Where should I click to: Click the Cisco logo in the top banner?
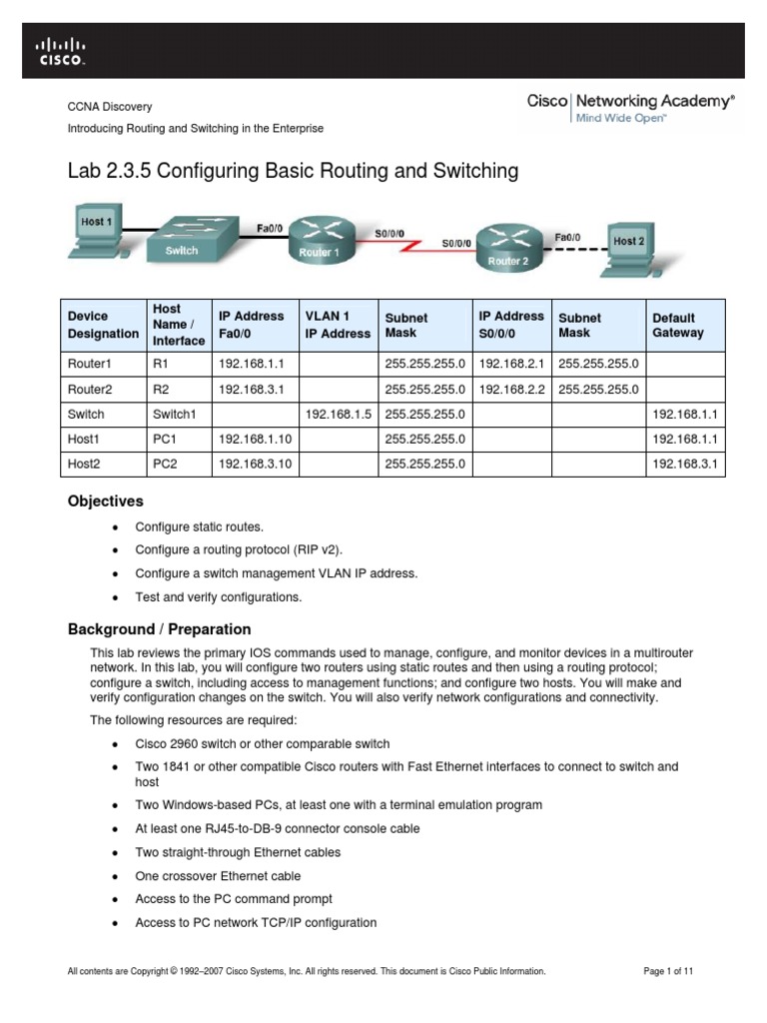(x=61, y=51)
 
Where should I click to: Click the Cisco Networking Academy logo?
(x=630, y=108)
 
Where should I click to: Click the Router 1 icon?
(x=321, y=240)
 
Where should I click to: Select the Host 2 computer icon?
(x=630, y=250)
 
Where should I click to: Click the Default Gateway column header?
(x=678, y=326)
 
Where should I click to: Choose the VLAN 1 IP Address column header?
(x=337, y=326)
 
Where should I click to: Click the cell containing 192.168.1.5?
(x=337, y=414)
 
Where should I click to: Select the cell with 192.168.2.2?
(x=511, y=389)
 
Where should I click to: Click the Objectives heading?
(x=105, y=502)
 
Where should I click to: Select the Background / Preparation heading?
(x=159, y=629)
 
